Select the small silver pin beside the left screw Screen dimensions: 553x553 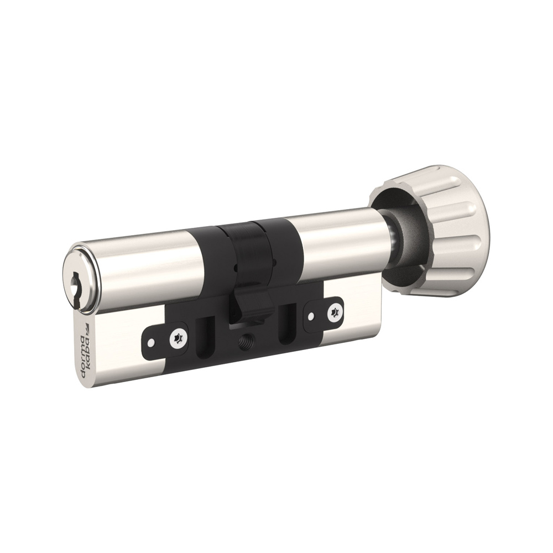point(151,342)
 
